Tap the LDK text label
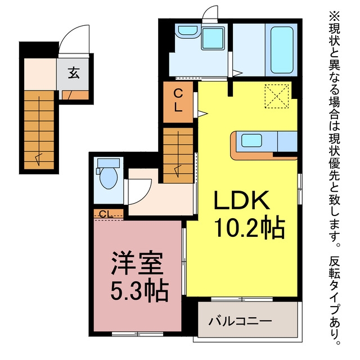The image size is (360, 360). click(241, 200)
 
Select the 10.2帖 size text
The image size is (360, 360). click(249, 226)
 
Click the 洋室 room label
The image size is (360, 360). click(137, 263)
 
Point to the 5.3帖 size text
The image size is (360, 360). click(139, 290)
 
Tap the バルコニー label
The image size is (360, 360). click(240, 321)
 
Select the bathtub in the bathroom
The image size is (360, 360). click(282, 50)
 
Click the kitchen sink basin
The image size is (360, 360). click(251, 141)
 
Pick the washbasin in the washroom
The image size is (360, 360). click(188, 31)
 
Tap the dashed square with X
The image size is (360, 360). click(277, 96)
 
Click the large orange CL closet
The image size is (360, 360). click(178, 102)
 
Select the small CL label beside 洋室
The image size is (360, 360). click(106, 214)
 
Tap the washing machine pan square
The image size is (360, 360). click(213, 38)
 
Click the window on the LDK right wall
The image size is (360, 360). click(300, 189)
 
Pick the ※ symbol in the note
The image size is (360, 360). click(335, 16)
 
